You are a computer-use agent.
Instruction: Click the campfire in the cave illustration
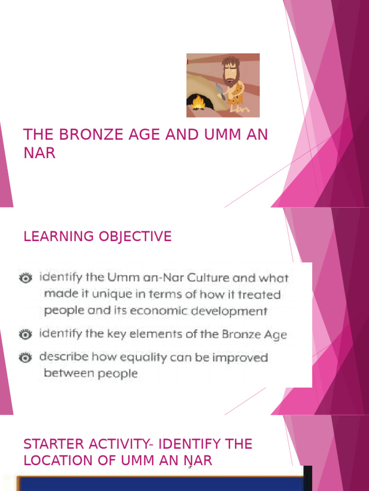coord(198,102)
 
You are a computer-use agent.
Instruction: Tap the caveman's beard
coord(230,77)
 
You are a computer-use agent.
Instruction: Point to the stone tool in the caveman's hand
coord(219,90)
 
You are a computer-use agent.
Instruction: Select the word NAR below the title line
coord(39,153)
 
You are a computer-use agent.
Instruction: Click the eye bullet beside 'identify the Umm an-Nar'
coord(26,278)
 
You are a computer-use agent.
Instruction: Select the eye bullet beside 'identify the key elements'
coord(26,334)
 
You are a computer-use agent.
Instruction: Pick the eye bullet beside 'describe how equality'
coord(26,357)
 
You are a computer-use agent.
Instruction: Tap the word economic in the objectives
coord(168,311)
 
